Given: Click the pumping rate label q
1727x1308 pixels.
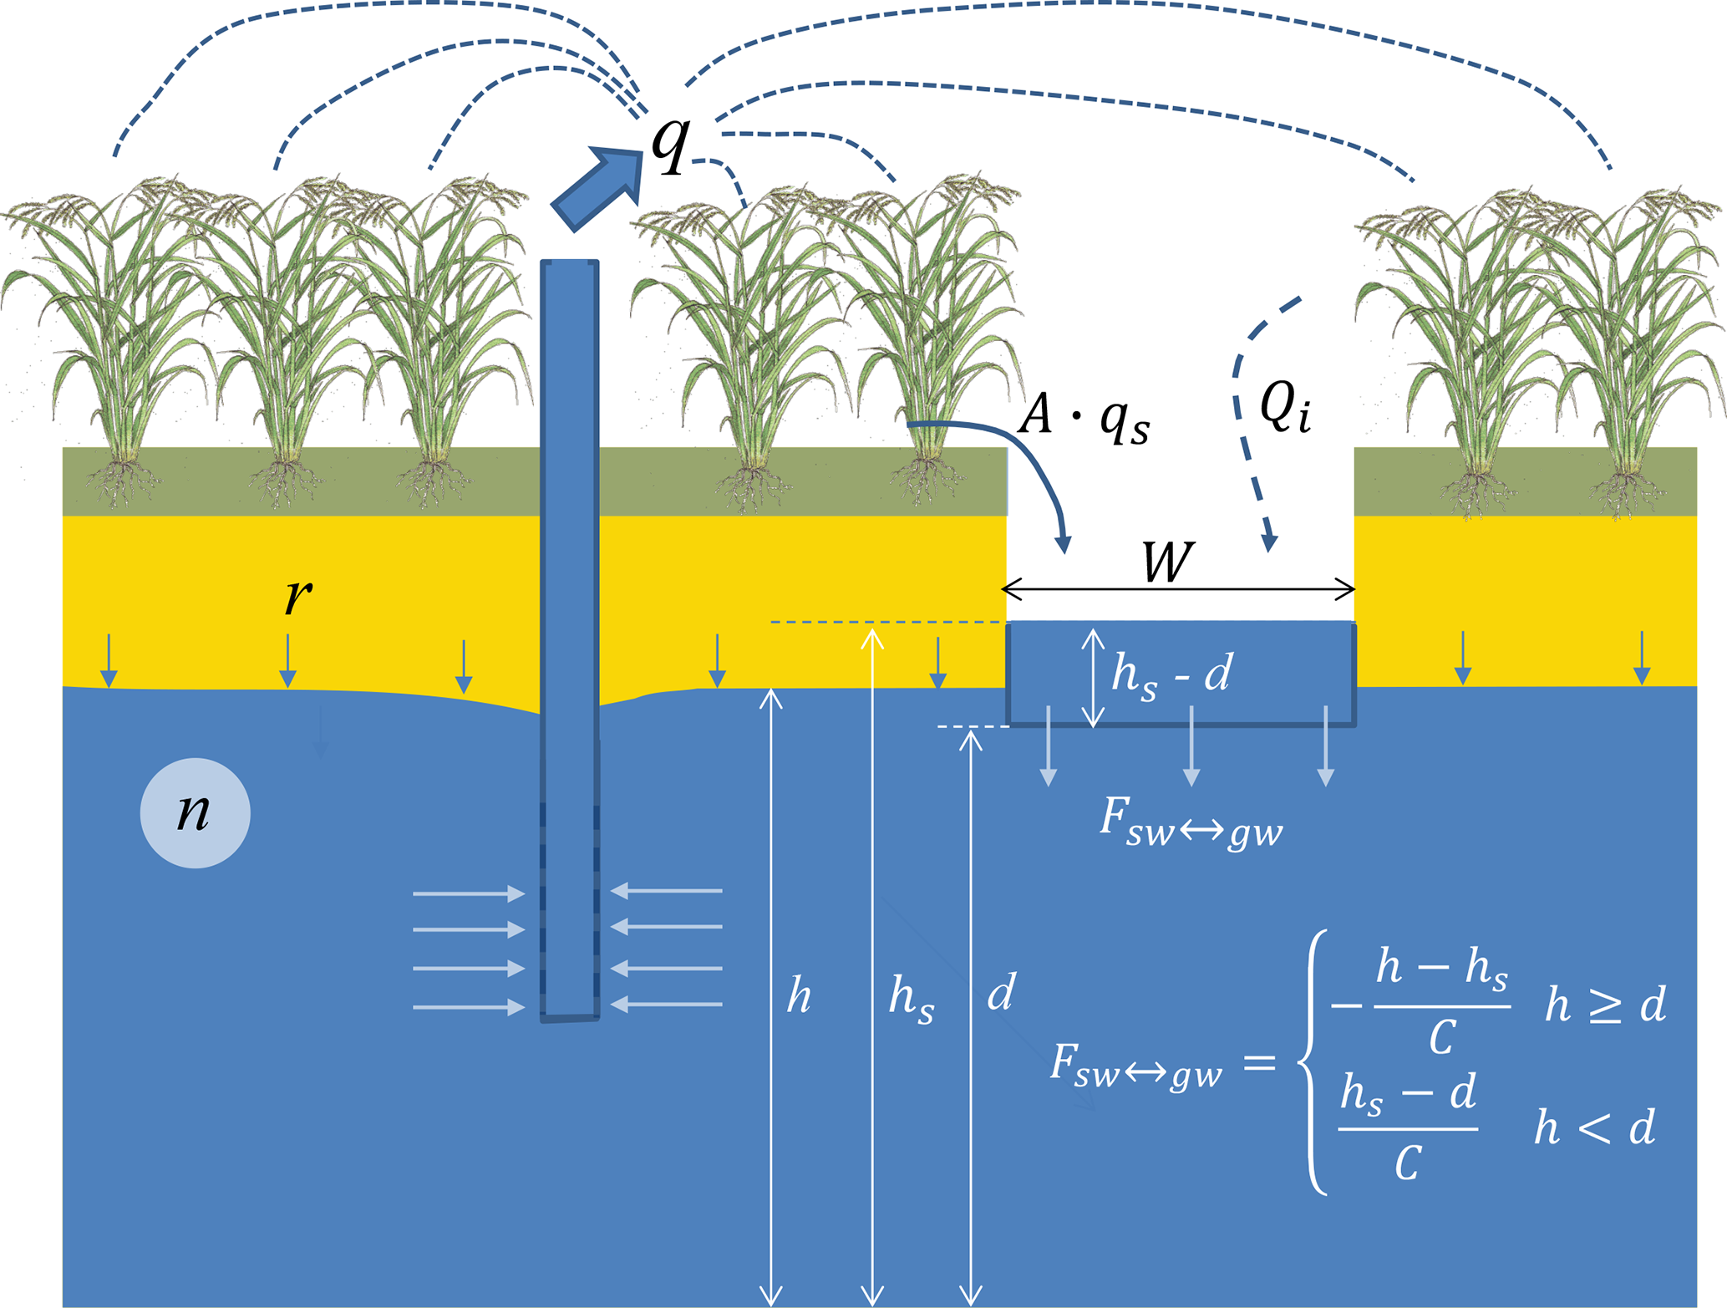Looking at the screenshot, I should tap(671, 144).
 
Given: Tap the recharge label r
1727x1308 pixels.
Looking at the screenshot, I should tap(298, 595).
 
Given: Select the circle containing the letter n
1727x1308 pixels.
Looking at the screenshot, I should tap(195, 812).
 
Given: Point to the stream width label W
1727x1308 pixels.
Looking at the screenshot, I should tap(1167, 562).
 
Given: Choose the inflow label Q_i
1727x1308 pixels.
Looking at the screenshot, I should tap(1284, 407).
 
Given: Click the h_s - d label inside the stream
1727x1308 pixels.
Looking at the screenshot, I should tap(1171, 674).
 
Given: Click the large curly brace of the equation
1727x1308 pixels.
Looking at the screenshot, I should tap(1314, 1062).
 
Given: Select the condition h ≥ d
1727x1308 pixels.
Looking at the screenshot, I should tap(1605, 1004).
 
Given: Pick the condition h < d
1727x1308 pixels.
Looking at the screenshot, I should tap(1594, 1127).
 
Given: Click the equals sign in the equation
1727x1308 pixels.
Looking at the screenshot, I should tap(1259, 1063).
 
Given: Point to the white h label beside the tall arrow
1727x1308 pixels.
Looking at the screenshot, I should tap(799, 995).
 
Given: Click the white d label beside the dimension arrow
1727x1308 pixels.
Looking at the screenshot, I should tap(1001, 992).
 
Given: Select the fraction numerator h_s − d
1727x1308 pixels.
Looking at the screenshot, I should tap(1408, 1094).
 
